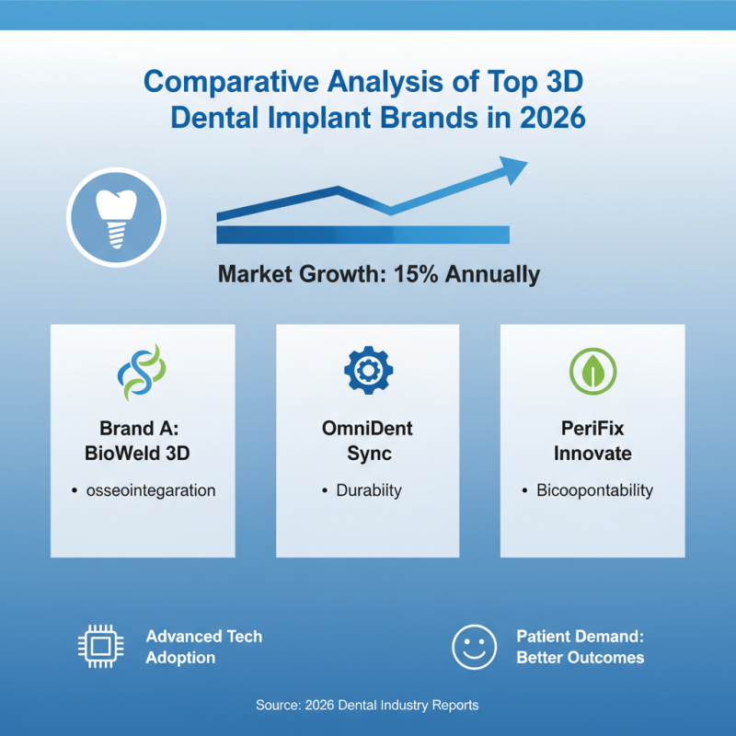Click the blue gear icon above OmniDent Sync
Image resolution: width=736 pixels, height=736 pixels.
click(367, 371)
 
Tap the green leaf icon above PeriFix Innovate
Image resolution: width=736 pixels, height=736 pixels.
click(592, 371)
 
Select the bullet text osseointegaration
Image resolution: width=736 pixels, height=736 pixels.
click(149, 490)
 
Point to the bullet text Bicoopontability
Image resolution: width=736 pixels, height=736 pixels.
click(594, 490)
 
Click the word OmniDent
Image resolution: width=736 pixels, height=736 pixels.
click(367, 429)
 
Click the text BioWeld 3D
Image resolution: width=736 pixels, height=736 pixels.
click(142, 454)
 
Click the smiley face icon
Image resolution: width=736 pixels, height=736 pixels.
click(474, 647)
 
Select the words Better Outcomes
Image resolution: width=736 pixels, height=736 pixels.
click(580, 658)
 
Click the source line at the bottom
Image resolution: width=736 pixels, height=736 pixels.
click(367, 706)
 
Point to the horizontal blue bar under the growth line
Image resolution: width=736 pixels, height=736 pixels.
click(362, 235)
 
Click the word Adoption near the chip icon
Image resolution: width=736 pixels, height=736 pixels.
click(180, 658)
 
